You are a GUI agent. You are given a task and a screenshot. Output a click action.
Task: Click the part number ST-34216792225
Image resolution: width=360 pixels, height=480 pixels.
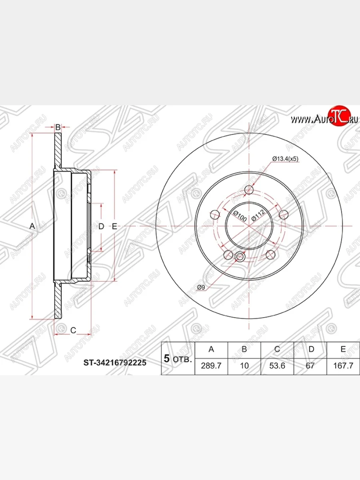(x=115, y=362)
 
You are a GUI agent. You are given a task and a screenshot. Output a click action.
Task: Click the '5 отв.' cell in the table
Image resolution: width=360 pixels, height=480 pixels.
(x=178, y=358)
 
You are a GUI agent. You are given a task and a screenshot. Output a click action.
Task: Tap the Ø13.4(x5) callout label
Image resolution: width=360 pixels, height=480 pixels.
(x=285, y=159)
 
